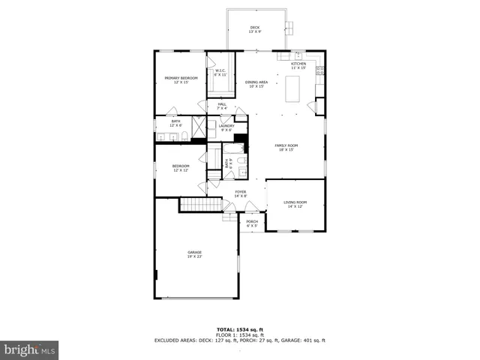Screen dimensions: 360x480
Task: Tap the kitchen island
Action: click(293, 90)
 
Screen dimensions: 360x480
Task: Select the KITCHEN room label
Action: click(298, 66)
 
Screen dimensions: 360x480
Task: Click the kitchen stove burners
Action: click(320, 71)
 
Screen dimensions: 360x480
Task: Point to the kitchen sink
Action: click(297, 55)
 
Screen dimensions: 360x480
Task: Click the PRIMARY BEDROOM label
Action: click(181, 80)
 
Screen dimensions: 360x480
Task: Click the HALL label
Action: click(222, 106)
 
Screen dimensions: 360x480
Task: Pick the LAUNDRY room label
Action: click(226, 128)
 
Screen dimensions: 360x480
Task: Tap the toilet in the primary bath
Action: click(184, 136)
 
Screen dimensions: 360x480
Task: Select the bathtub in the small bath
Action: click(214, 158)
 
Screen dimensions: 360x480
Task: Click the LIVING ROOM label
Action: click(295, 204)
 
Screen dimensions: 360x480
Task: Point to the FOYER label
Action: click(240, 193)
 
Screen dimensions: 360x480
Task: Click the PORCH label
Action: click(252, 223)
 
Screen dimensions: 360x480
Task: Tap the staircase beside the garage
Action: click(200, 205)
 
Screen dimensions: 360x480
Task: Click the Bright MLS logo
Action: click(30, 349)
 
